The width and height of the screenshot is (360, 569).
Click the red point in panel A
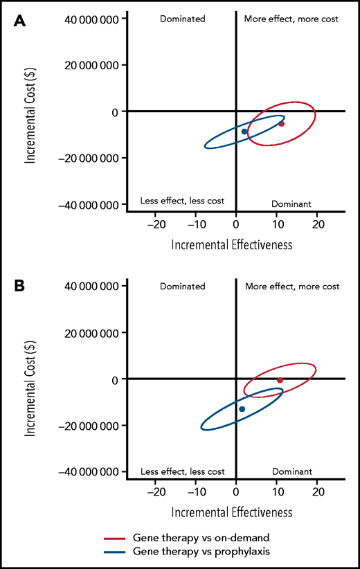coord(281,124)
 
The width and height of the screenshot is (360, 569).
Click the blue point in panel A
coord(244,132)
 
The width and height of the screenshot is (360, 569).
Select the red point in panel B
coord(280,380)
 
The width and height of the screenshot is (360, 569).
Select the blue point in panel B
coord(242,409)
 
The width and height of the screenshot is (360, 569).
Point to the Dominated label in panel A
coord(183,19)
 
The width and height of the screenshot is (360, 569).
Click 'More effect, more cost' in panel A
coord(291,19)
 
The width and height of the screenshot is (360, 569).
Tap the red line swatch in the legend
coord(116,537)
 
